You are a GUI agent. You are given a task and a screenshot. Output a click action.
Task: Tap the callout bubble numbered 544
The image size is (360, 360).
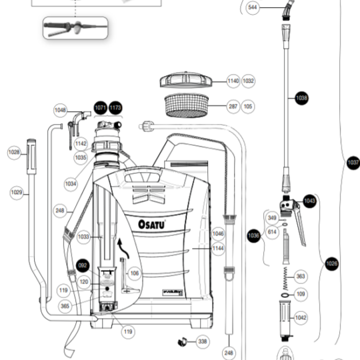[x=253, y=7]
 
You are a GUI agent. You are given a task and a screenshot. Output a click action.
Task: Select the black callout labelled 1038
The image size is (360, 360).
[x=301, y=98]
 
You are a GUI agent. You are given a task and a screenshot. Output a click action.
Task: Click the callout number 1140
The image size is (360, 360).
[x=233, y=81]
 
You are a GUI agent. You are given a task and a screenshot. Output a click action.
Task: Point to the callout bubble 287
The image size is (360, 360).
[x=233, y=106]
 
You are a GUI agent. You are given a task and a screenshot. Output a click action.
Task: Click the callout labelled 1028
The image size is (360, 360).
[x=14, y=153]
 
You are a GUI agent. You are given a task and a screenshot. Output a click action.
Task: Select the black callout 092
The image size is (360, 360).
[x=83, y=265]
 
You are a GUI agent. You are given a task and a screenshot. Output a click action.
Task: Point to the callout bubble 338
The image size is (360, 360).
[x=202, y=341]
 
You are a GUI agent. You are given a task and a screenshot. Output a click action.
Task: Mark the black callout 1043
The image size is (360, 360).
[x=309, y=200]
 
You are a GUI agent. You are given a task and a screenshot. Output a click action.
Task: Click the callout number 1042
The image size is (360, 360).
[x=301, y=318]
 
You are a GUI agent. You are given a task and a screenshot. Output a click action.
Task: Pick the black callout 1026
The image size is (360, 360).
[x=331, y=264]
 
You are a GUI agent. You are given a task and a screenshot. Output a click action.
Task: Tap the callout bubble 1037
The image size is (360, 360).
[x=353, y=162]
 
